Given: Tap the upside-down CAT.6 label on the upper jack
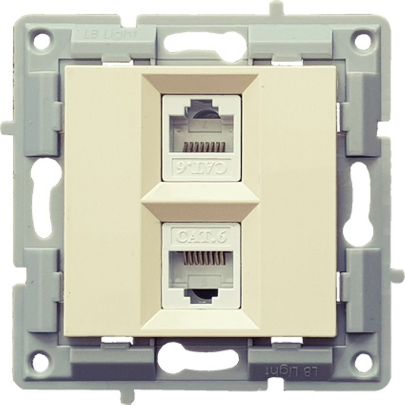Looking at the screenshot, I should click(x=201, y=168).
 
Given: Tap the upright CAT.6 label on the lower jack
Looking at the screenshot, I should click(x=201, y=236).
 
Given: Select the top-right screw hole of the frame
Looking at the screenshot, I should click(x=363, y=41).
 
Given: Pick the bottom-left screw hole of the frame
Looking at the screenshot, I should click(x=41, y=362).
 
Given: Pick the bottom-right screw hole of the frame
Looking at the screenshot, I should click(x=363, y=362).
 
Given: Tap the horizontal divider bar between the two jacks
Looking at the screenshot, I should click(x=201, y=201).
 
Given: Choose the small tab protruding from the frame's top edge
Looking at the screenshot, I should click(x=277, y=8).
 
